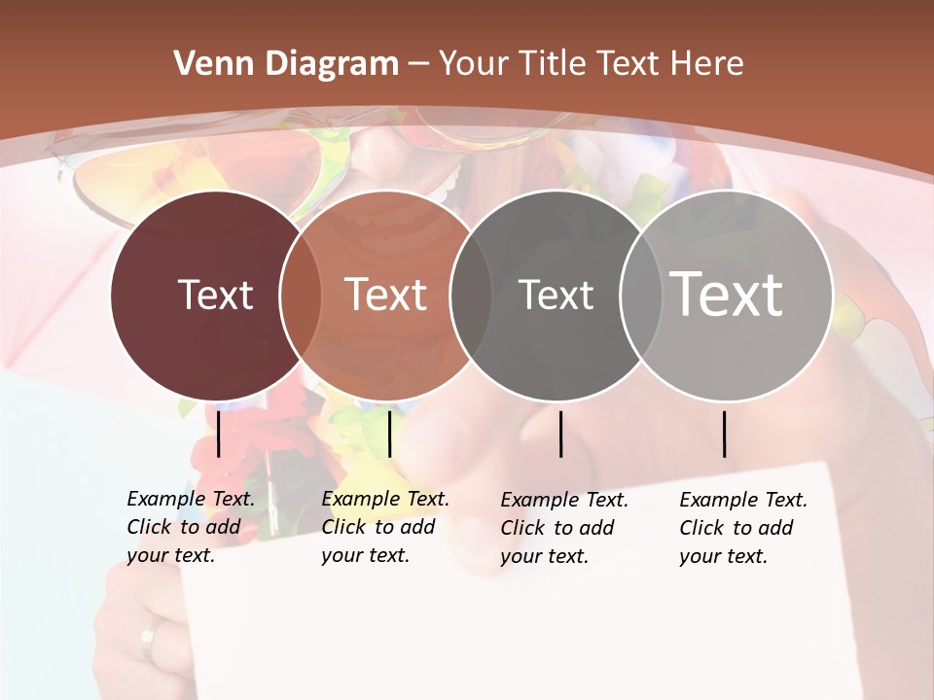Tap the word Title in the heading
(x=553, y=64)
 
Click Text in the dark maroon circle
(x=215, y=295)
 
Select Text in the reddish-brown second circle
(x=386, y=295)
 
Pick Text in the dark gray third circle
(x=556, y=295)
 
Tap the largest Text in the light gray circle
(x=727, y=294)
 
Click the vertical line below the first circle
(x=219, y=434)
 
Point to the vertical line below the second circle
(x=389, y=434)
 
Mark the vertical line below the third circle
(x=561, y=434)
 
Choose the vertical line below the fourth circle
(x=725, y=434)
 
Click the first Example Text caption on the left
(x=190, y=527)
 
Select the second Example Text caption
(x=384, y=527)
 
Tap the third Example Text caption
(x=563, y=528)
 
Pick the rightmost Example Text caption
(x=742, y=528)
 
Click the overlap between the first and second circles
(x=301, y=295)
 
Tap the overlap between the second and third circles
(x=471, y=295)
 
